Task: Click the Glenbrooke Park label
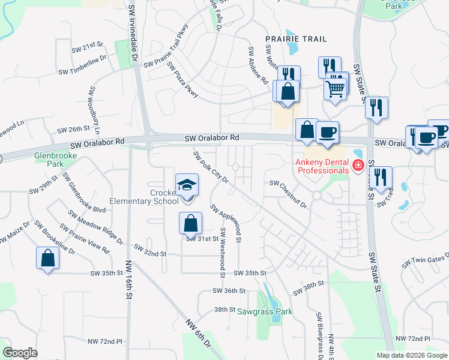(49, 159)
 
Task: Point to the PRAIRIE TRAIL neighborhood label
(296, 39)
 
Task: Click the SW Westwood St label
(222, 252)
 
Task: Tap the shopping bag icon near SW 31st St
(190, 223)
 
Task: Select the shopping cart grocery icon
(336, 89)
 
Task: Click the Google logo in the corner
(20, 353)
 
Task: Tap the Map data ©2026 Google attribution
(411, 355)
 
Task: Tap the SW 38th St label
(309, 287)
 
